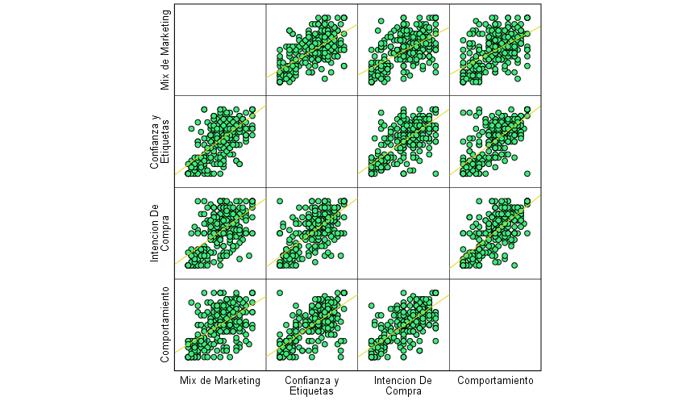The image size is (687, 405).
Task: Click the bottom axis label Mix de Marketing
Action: coord(220,380)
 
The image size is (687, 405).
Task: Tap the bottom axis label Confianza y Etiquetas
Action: coord(312,386)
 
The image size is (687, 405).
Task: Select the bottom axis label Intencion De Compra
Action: coord(403,386)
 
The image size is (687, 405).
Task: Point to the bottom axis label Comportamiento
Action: coord(495,380)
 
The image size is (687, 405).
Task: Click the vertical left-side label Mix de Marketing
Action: coord(165,50)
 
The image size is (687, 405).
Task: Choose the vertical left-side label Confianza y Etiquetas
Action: coord(160,141)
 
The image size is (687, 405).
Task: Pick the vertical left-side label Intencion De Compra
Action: coord(160,233)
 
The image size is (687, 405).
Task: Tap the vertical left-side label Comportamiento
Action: coord(165,324)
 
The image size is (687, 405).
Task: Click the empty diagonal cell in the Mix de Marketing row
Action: coord(220,50)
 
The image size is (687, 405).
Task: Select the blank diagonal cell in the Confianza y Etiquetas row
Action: coord(312,141)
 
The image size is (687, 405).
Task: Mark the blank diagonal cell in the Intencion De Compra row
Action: coord(403,233)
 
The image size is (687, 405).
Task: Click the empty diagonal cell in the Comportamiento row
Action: coord(495,324)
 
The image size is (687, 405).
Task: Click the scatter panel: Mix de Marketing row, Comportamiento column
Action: coord(495,50)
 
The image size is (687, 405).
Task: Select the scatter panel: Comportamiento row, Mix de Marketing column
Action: coord(220,324)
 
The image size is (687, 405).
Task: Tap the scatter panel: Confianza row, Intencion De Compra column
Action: coord(403,141)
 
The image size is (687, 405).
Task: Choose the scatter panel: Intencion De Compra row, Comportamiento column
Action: coord(495,233)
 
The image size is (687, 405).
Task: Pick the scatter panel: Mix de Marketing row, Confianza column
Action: coord(312,50)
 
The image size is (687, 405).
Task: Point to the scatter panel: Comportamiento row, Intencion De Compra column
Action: coord(403,324)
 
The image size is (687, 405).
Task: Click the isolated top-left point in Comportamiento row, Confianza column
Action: coord(280,292)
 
